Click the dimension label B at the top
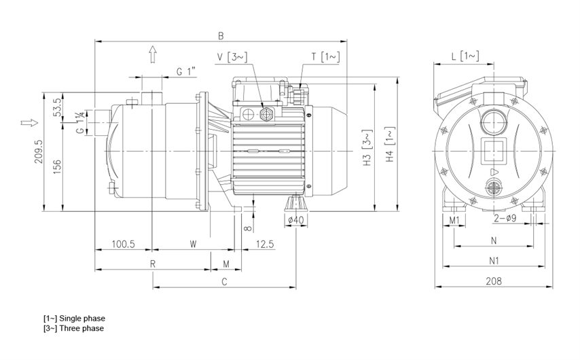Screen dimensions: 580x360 pyautogui.click(x=221, y=35)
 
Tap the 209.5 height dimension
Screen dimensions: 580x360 pyautogui.click(x=39, y=151)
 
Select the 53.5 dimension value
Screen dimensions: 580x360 pyautogui.click(x=57, y=107)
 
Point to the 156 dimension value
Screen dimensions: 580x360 pyautogui.click(x=57, y=167)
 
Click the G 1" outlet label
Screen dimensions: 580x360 pyautogui.click(x=185, y=71)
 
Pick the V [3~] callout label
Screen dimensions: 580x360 pyautogui.click(x=232, y=57)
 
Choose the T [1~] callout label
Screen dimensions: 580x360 pyautogui.click(x=325, y=56)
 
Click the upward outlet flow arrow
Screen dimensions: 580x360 pyautogui.click(x=152, y=54)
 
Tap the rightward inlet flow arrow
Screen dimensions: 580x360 pyautogui.click(x=29, y=122)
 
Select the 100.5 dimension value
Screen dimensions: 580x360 pyautogui.click(x=124, y=244)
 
